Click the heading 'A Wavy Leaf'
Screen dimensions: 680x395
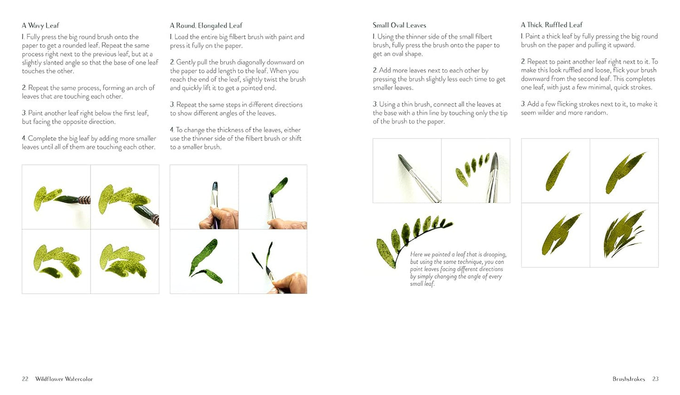[x=40, y=25]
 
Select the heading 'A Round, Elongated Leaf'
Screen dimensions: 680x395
[x=206, y=25]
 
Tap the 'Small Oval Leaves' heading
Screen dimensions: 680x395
[x=400, y=25]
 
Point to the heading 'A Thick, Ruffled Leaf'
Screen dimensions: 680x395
[x=552, y=25]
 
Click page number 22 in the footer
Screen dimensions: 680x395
[x=25, y=379]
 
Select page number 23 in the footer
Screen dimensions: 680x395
[x=656, y=379]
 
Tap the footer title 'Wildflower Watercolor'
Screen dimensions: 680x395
[x=64, y=379]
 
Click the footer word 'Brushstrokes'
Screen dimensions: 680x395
[x=629, y=379]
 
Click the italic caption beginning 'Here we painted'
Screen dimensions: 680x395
[x=458, y=269]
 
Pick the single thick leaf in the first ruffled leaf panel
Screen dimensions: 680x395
[x=557, y=172]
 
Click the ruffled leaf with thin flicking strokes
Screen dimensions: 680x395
[x=624, y=234]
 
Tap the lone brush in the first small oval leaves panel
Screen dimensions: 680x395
[x=418, y=178]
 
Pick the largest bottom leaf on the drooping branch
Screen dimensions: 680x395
[x=385, y=253]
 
